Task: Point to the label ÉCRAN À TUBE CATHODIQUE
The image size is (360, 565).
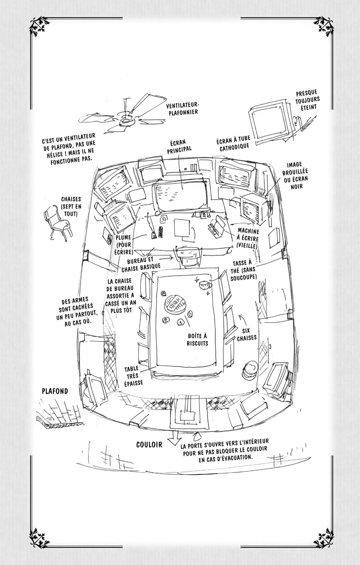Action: (x=233, y=144)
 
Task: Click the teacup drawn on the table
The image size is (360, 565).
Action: (x=204, y=283)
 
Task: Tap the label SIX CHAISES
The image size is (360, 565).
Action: (x=247, y=333)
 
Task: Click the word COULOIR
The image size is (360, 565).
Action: (x=149, y=445)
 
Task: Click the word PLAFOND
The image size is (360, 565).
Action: (x=55, y=391)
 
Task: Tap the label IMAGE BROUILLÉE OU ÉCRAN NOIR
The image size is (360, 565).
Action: (x=297, y=175)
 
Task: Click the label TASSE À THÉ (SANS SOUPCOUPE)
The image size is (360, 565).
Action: (x=245, y=271)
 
